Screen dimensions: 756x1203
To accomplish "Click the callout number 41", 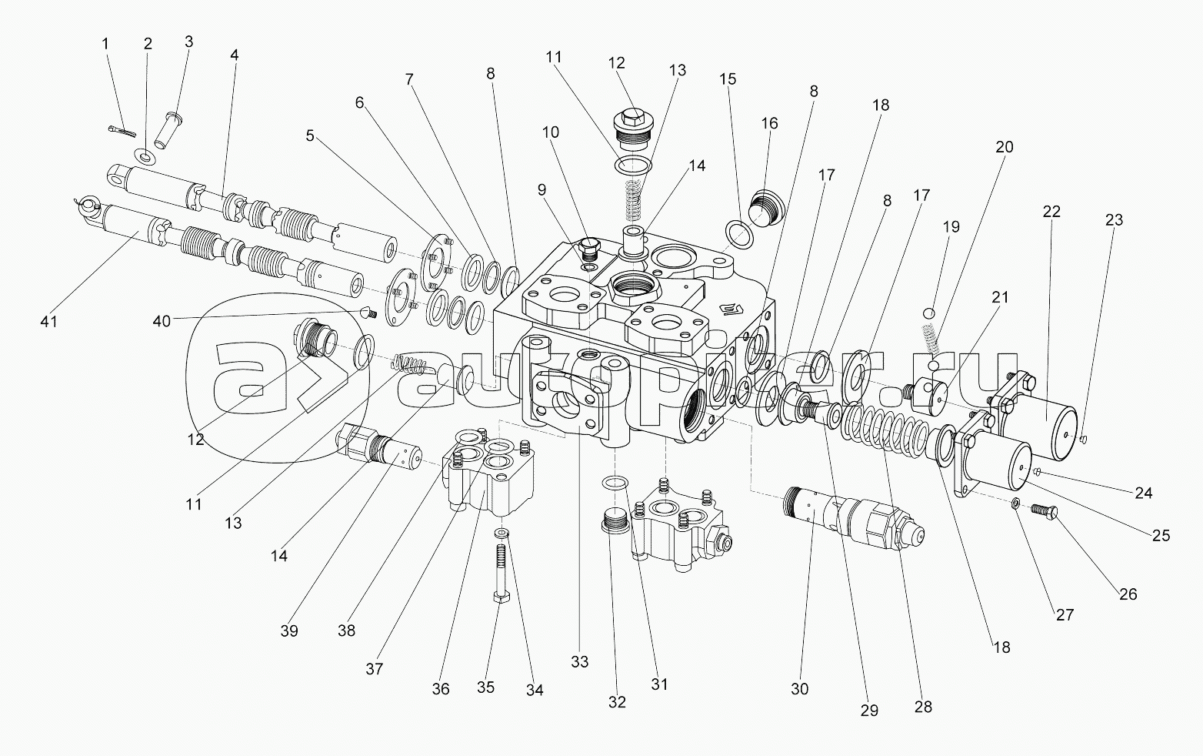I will (x=48, y=321).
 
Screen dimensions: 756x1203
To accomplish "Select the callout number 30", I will (x=799, y=689).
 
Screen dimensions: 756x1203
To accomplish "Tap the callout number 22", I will (x=1051, y=211).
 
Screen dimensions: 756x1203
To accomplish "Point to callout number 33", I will (x=579, y=661).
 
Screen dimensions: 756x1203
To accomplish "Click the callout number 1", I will (x=106, y=44).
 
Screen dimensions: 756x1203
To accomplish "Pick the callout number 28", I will (x=923, y=707).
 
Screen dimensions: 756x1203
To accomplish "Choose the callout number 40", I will (x=162, y=321).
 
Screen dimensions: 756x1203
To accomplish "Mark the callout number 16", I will (x=769, y=123).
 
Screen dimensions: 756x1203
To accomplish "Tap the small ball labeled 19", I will (x=929, y=313).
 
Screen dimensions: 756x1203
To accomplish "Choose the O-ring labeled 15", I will (x=739, y=234).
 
